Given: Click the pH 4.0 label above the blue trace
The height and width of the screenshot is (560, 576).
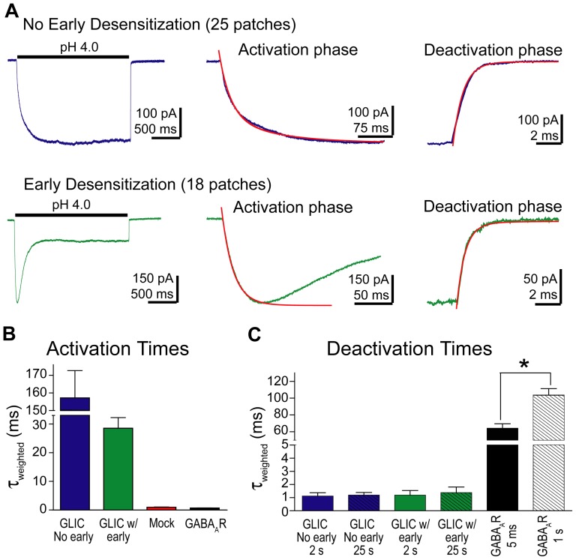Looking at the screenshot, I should click(x=73, y=47).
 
